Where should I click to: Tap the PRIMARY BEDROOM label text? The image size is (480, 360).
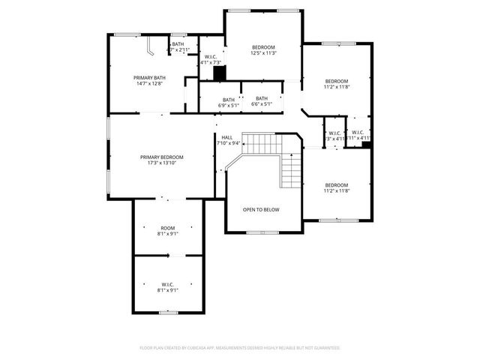pos(161,157)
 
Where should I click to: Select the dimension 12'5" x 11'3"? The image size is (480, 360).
pos(263,53)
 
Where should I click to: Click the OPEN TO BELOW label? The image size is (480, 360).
pos(261,209)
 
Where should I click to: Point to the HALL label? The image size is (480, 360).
pos(226,137)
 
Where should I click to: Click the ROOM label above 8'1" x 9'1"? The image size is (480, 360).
pos(167,227)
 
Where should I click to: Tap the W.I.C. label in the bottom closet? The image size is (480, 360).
pos(167,284)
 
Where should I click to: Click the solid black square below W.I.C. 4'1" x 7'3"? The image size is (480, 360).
pos(219,73)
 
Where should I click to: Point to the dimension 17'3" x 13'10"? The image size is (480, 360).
pos(161,163)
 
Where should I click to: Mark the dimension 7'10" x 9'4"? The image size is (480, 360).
pos(228,143)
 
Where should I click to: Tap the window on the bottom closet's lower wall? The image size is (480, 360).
pos(168,311)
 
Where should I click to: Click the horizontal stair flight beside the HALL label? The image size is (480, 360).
pos(264,143)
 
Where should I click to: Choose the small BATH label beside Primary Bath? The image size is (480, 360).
pos(178,44)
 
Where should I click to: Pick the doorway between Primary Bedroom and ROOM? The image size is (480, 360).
pos(166,199)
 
